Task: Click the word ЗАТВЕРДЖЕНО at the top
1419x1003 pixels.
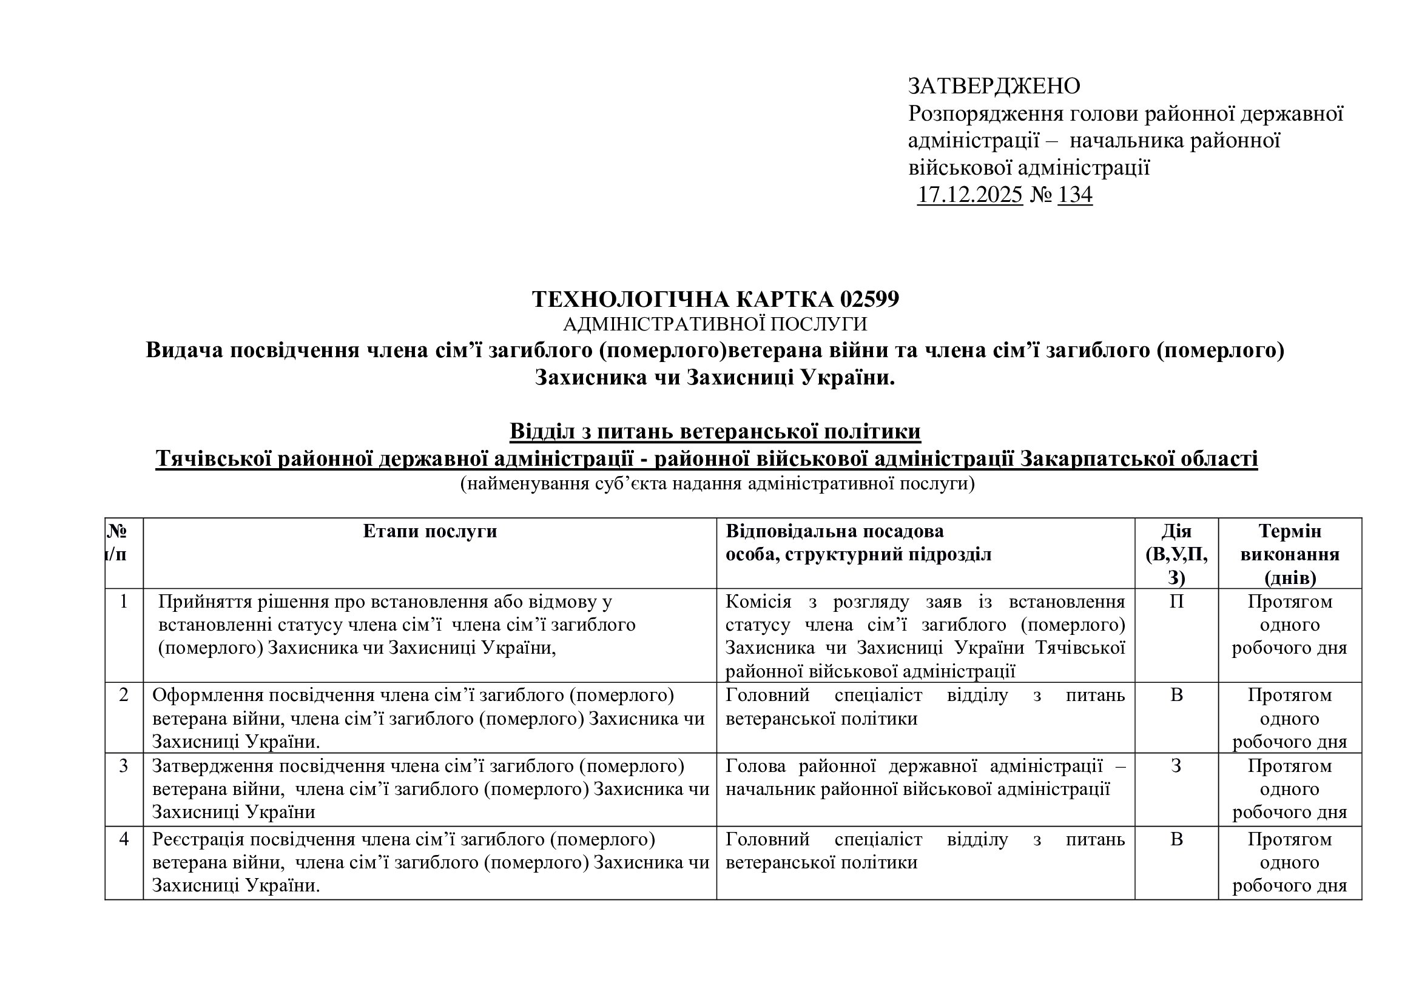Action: [x=994, y=86]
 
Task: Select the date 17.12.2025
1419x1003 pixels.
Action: [x=969, y=195]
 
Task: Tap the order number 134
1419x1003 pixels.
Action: [x=1075, y=195]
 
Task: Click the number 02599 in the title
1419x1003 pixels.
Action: [x=869, y=300]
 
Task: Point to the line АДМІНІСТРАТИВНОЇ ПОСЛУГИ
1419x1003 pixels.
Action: [x=715, y=324]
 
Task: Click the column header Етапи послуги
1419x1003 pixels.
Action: [x=430, y=531]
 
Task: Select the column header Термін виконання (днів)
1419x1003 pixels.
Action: [x=1290, y=554]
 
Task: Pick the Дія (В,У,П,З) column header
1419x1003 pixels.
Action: [x=1176, y=554]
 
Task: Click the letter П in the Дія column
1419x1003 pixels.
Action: [x=1176, y=602]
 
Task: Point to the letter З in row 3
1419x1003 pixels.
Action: [x=1176, y=766]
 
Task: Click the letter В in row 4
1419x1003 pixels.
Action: [x=1176, y=839]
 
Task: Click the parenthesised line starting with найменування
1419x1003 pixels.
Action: [x=717, y=483]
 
